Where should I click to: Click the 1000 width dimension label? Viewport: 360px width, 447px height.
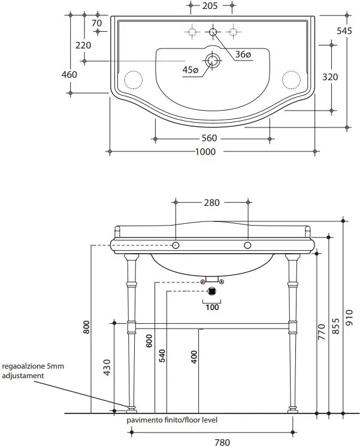click(x=205, y=151)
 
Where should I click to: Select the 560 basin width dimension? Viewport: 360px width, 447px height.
click(x=210, y=138)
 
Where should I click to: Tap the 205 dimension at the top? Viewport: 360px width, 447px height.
click(x=210, y=6)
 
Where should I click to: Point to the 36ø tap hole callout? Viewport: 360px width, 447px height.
click(x=243, y=54)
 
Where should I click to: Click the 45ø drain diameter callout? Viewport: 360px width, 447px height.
click(x=190, y=69)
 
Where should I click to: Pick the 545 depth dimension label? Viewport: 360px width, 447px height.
click(x=344, y=31)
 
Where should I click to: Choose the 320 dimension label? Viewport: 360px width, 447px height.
click(x=330, y=77)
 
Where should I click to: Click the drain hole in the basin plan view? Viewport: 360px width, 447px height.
click(x=212, y=60)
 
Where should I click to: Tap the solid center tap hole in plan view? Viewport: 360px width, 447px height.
click(x=213, y=32)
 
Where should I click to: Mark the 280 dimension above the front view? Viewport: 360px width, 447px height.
click(x=211, y=203)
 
